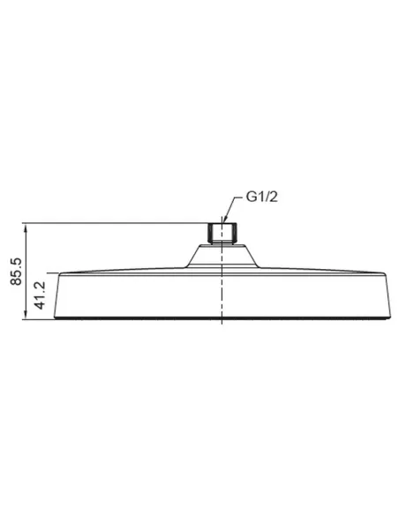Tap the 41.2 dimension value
39,296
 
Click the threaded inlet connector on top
221,233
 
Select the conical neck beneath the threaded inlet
221,254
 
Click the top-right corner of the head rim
384,274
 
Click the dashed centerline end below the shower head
221,325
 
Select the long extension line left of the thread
115,222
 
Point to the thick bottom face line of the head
221,317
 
